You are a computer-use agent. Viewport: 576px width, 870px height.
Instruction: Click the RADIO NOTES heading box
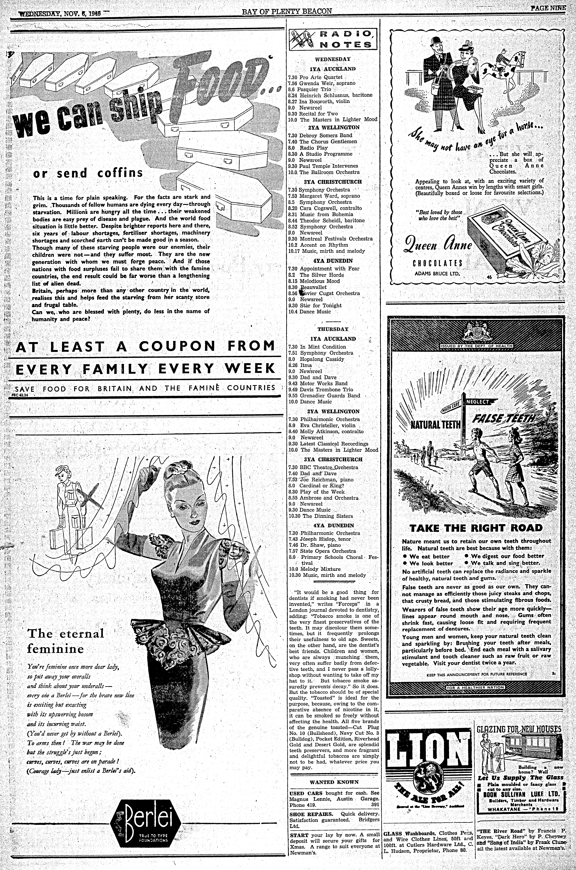point(334,40)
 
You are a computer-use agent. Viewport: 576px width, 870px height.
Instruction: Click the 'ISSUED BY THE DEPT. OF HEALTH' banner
point(471,346)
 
